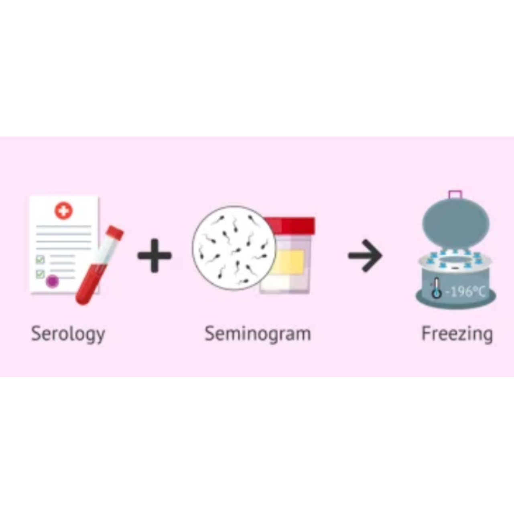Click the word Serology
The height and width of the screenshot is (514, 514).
[x=68, y=334]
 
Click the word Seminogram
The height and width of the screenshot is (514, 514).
[x=258, y=334]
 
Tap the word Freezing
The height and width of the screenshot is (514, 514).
[x=457, y=334]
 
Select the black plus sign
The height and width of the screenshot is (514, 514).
[x=154, y=256]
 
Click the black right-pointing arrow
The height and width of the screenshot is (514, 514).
[x=365, y=256]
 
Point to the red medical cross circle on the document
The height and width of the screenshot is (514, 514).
[x=63, y=211]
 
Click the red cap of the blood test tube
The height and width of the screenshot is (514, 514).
[x=115, y=233]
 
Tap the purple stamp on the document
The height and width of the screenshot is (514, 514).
[x=52, y=281]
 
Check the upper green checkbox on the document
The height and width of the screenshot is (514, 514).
[x=40, y=260]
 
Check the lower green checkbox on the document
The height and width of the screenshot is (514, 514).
[x=40, y=274]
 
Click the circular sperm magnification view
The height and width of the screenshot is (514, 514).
[x=233, y=248]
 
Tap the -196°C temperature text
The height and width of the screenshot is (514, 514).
[x=465, y=291]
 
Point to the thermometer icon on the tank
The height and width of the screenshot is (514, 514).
[x=436, y=289]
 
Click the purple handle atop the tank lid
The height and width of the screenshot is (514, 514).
[x=455, y=195]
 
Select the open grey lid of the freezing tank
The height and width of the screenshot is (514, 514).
[x=456, y=223]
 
